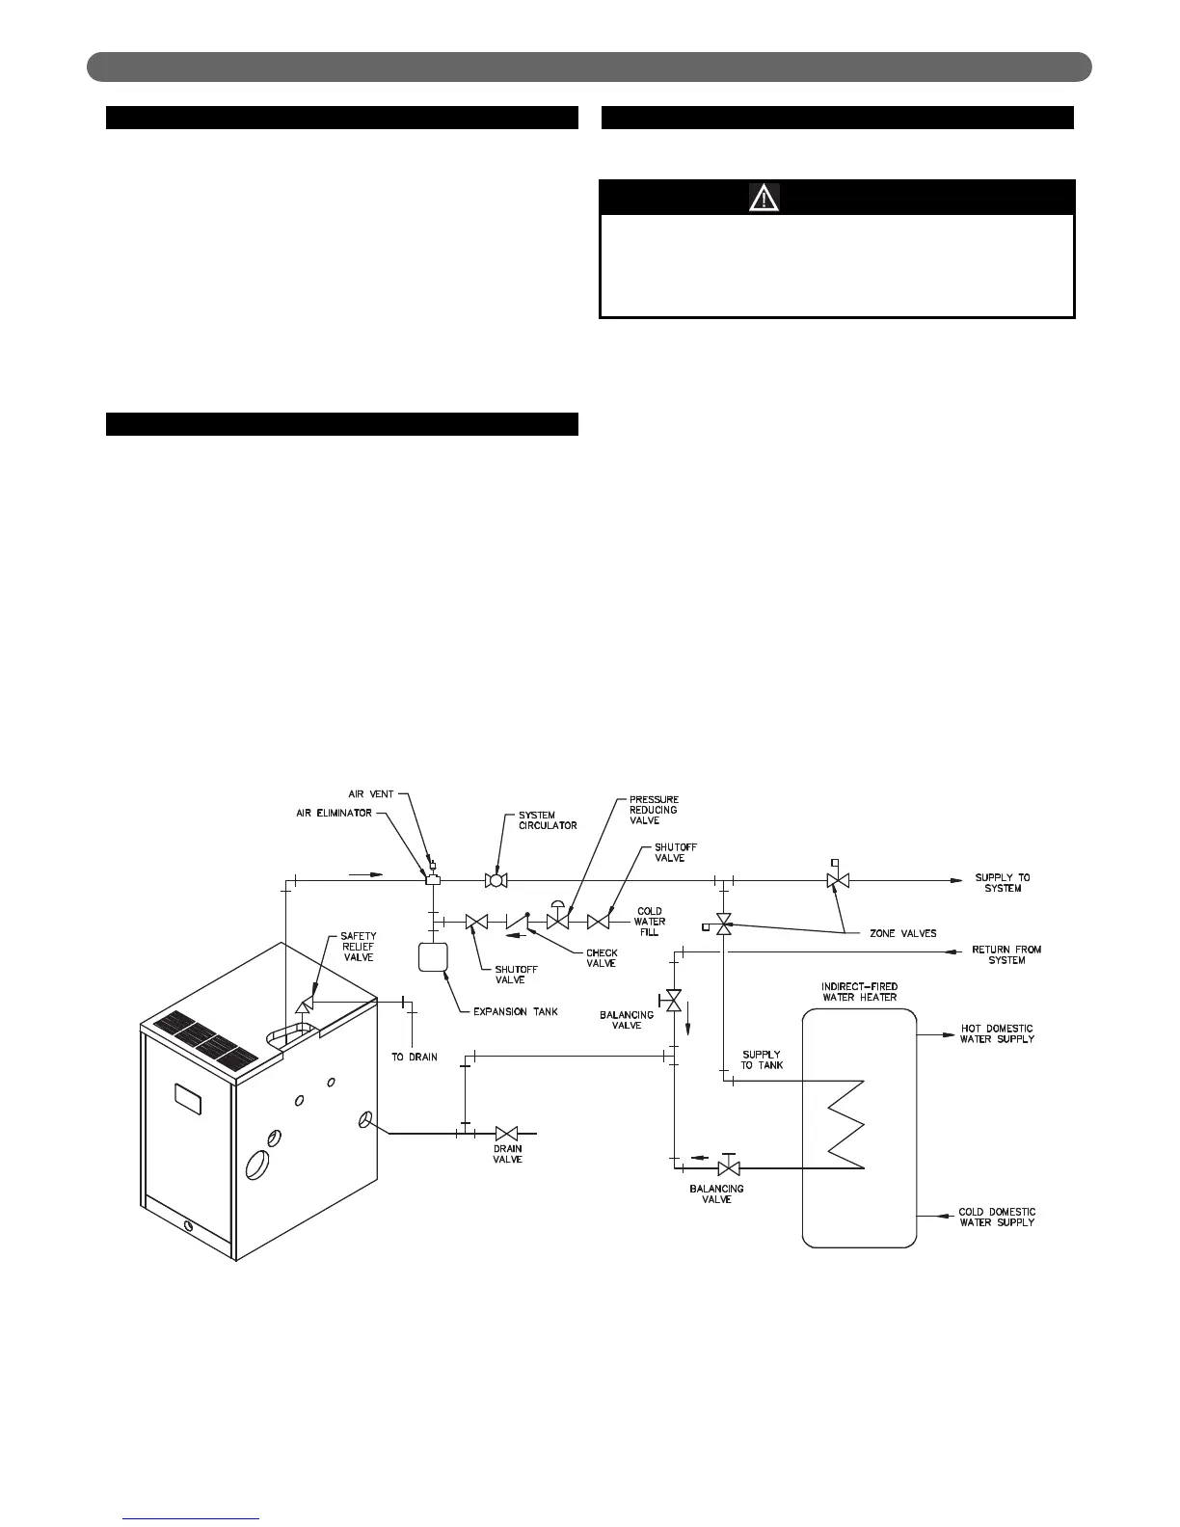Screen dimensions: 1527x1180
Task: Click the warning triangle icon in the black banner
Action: (x=764, y=198)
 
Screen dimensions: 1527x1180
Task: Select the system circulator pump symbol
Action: (x=496, y=880)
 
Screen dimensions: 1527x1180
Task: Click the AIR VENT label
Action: (x=370, y=794)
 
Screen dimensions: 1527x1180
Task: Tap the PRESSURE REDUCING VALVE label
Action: (x=654, y=810)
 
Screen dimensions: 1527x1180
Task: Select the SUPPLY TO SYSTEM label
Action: (x=1003, y=882)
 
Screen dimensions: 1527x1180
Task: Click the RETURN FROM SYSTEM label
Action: (x=1006, y=954)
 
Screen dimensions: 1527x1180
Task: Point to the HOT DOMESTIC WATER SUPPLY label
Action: (x=997, y=1033)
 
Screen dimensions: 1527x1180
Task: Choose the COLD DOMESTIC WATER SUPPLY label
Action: (x=997, y=1217)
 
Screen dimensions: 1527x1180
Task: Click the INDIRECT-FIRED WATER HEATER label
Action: (x=859, y=991)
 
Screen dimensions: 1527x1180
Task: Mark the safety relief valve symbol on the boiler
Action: (x=300, y=1004)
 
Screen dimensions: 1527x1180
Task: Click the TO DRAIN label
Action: (x=415, y=1057)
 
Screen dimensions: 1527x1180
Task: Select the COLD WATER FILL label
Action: (x=650, y=922)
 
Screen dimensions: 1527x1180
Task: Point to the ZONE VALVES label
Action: (x=897, y=933)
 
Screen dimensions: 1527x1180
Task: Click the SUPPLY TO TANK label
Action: (x=762, y=1059)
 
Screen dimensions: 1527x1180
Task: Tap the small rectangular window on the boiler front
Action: (x=188, y=1098)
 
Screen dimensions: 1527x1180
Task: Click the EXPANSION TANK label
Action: (x=516, y=1011)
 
